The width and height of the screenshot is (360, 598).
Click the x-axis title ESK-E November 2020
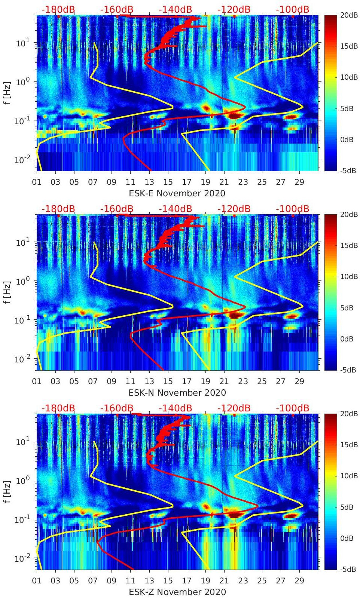pos(177,193)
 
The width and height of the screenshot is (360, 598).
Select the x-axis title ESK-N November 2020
pos(177,393)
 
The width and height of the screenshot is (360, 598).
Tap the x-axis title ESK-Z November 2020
pos(177,592)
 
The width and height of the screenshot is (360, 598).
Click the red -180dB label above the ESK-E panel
pos(58,9)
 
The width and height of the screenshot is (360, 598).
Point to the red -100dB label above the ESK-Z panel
pos(292,408)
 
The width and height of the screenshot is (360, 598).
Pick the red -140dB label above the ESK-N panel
pos(175,209)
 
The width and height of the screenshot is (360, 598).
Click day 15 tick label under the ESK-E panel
pos(168,182)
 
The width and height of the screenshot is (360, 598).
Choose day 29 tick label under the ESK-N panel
pos(299,381)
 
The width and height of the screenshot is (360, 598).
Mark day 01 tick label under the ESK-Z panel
pos(37,581)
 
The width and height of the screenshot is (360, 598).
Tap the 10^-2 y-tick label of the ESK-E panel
pos(22,160)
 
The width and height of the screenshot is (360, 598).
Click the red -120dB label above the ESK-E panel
pos(234,9)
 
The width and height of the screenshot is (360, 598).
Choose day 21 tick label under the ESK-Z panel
pos(224,581)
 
